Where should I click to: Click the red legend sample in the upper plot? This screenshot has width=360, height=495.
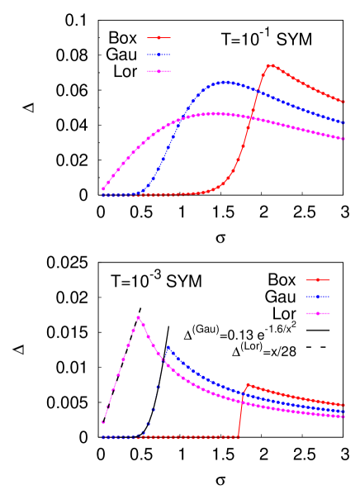pyautogui.click(x=159, y=37)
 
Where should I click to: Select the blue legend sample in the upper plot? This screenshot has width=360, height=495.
pyautogui.click(x=159, y=55)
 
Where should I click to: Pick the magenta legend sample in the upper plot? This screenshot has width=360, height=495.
pyautogui.click(x=159, y=72)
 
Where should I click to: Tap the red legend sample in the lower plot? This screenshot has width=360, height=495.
pyautogui.click(x=318, y=279)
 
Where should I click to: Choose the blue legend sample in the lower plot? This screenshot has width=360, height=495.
pyautogui.click(x=318, y=297)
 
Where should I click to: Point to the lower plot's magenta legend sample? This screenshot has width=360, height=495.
pyautogui.click(x=318, y=314)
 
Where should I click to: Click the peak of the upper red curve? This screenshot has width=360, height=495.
pyautogui.click(x=270, y=64)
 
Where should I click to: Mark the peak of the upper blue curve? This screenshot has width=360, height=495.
pyautogui.click(x=225, y=82)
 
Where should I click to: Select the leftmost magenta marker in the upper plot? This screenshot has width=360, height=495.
pyautogui.click(x=103, y=189)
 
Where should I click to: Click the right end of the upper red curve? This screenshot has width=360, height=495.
pyautogui.click(x=344, y=101)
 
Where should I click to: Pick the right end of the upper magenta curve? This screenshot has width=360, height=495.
pyautogui.click(x=344, y=139)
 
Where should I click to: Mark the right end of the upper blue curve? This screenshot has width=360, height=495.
pyautogui.click(x=344, y=122)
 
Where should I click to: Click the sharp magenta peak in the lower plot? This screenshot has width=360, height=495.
pyautogui.click(x=138, y=317)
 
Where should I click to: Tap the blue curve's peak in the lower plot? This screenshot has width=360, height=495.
pyautogui.click(x=168, y=347)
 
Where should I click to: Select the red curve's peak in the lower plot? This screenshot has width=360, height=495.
pyautogui.click(x=247, y=384)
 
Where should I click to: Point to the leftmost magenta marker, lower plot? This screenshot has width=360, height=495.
pyautogui.click(x=103, y=422)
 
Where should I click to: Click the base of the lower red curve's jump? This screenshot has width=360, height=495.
pyautogui.click(x=239, y=436)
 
